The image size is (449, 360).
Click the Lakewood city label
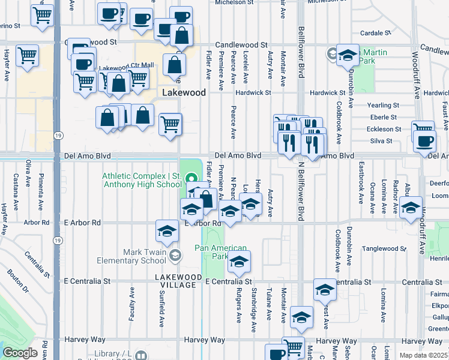click(184, 93)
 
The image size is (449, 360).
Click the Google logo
click(20, 353)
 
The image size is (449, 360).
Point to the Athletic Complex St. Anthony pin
click(191, 178)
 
